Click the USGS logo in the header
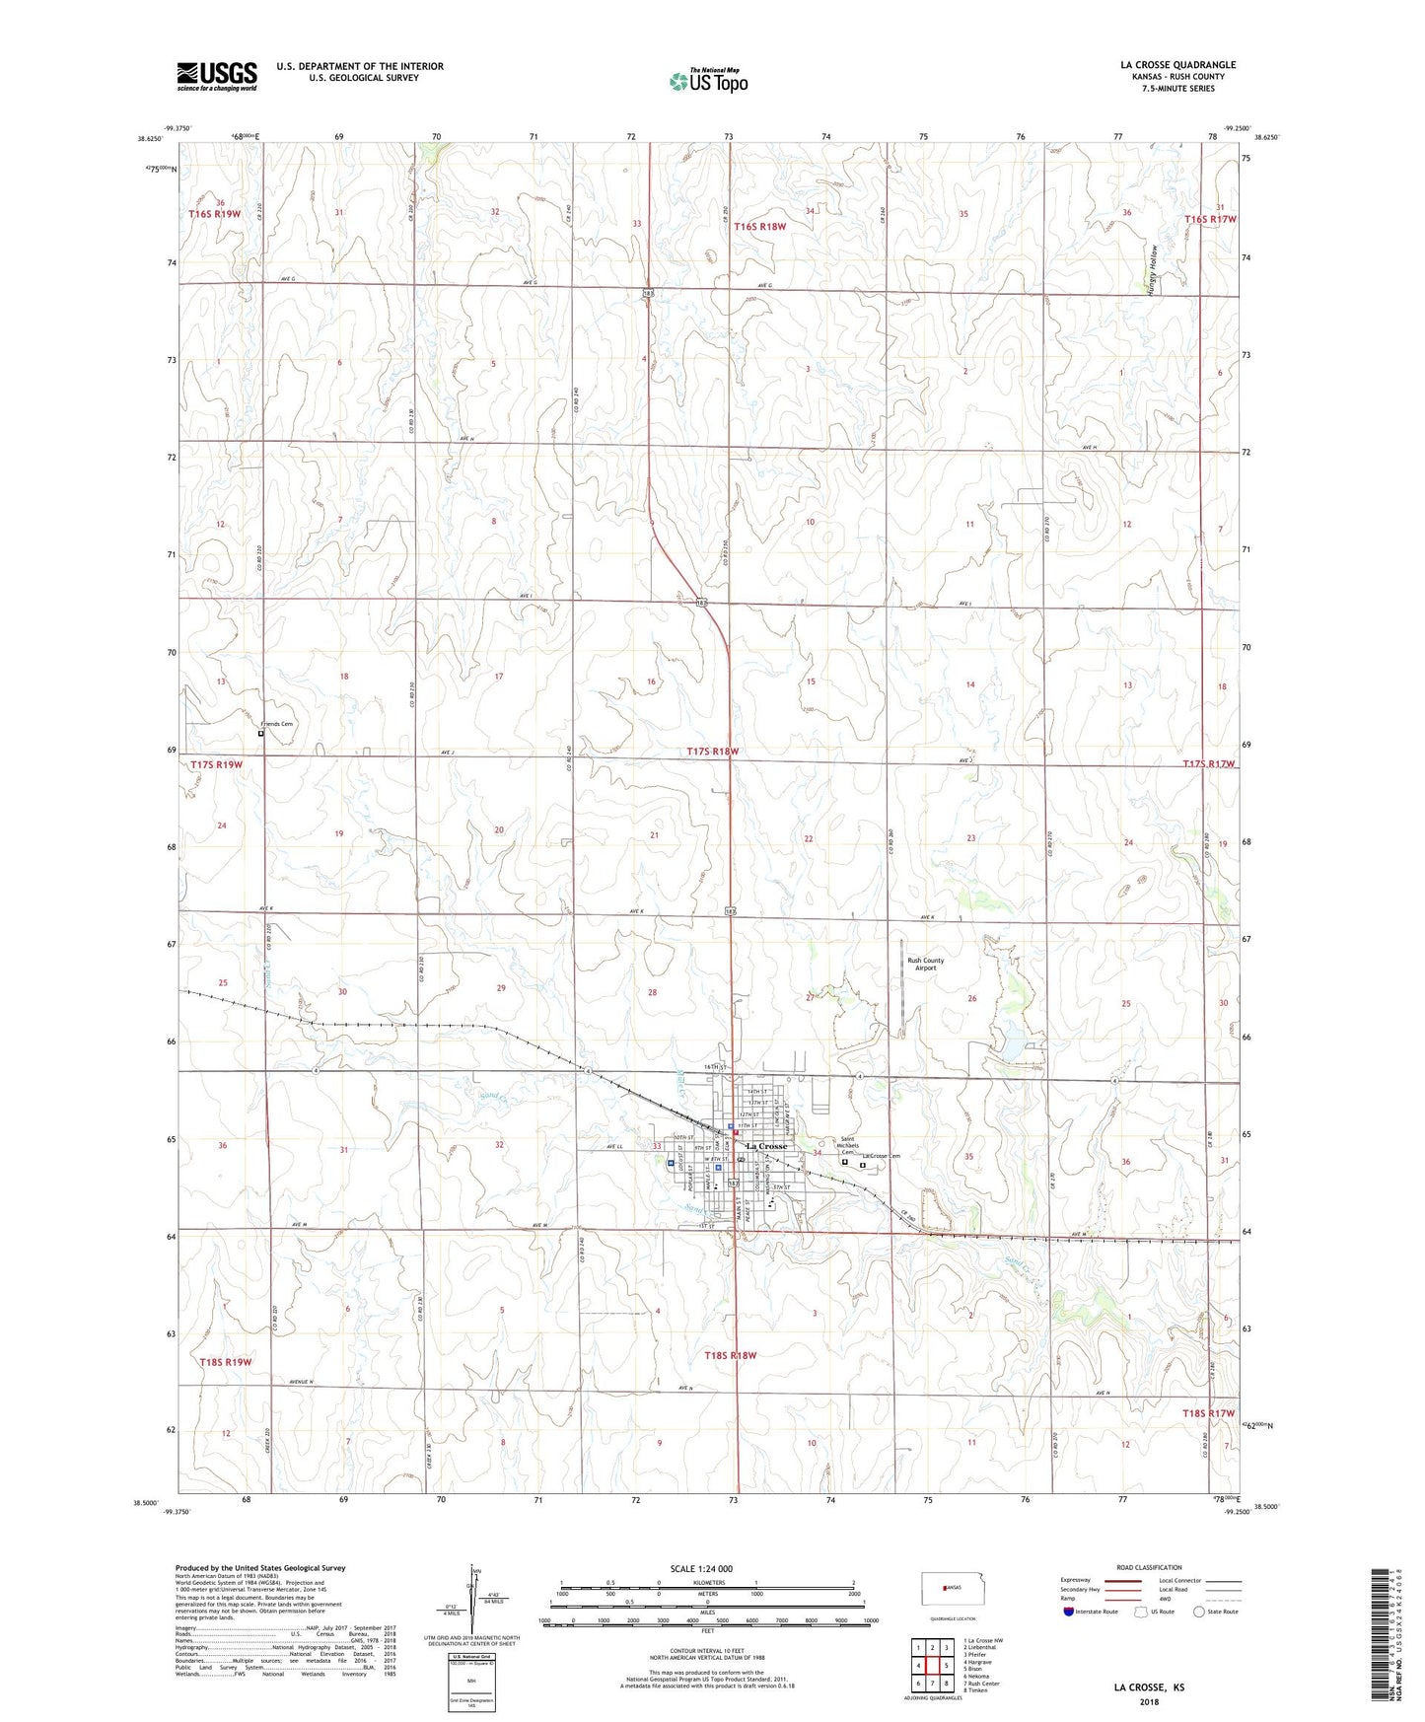pyautogui.click(x=217, y=76)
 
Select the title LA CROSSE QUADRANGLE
pyautogui.click(x=1177, y=65)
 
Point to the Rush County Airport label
pyautogui.click(x=925, y=964)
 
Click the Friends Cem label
pyautogui.click(x=276, y=724)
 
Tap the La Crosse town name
pyautogui.click(x=766, y=1146)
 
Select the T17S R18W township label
pyautogui.click(x=712, y=752)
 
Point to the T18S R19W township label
pyautogui.click(x=226, y=1362)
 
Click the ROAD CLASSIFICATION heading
pyautogui.click(x=1149, y=1567)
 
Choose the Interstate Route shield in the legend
pyautogui.click(x=1071, y=1611)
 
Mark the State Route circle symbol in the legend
pyautogui.click(x=1198, y=1612)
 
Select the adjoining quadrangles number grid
pyautogui.click(x=932, y=1665)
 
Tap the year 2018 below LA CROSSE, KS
pyautogui.click(x=1149, y=1702)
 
